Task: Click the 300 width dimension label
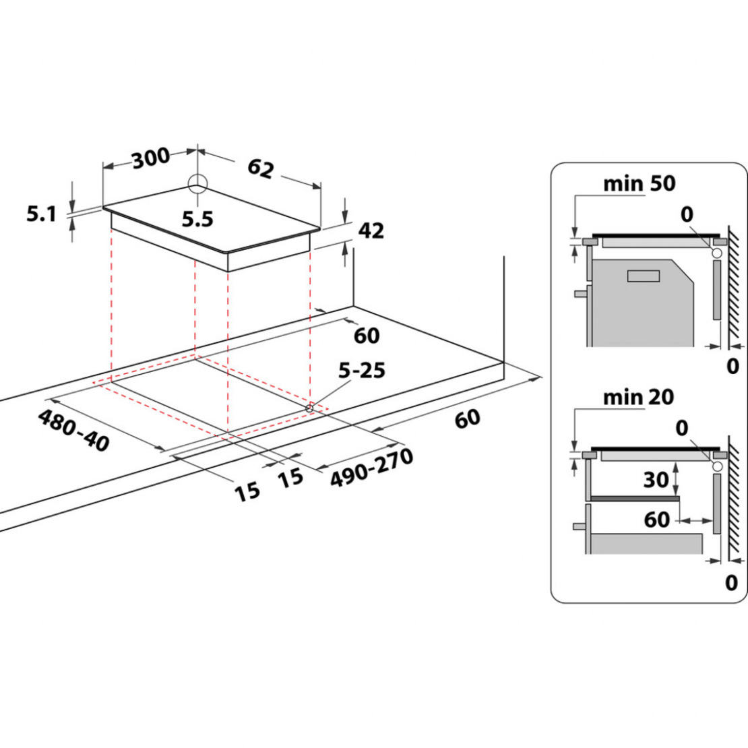coord(150,159)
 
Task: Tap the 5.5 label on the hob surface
coord(197,218)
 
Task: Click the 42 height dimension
coord(371,230)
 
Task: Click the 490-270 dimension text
coord(371,466)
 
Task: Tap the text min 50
coord(639,183)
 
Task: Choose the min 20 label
coord(638,397)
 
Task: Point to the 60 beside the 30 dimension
coord(657,520)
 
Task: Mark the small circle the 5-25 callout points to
coord(310,407)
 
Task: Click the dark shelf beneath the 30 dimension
coord(634,499)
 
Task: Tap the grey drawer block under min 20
coord(647,542)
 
